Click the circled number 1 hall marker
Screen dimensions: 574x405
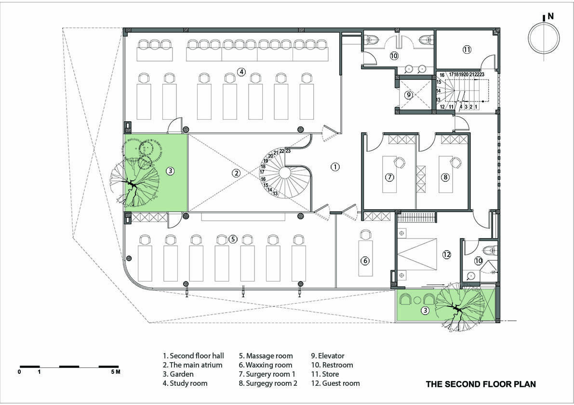tap(335, 167)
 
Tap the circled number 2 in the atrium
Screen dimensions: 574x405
tap(237, 173)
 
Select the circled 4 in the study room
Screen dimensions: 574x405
tap(241, 72)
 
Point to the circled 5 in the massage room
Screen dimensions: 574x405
tap(233, 239)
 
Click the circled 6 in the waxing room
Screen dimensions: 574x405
tap(365, 260)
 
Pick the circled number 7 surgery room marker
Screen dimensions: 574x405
tap(389, 177)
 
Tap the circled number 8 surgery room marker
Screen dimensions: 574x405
tap(445, 177)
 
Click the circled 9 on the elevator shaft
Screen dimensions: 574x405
tap(409, 95)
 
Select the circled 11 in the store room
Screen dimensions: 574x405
tap(467, 49)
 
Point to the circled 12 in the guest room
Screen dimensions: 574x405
tap(447, 254)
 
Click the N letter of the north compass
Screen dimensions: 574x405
tap(550, 16)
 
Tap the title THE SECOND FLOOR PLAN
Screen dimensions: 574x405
tap(481, 384)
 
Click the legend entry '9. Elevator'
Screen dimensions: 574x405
tap(328, 356)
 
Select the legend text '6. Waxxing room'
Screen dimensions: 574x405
tap(266, 365)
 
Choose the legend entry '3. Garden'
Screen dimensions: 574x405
tap(178, 374)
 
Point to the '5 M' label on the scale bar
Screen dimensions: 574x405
tap(115, 372)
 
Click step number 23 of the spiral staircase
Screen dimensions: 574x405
tap(288, 151)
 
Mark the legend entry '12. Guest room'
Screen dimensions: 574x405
tap(335, 383)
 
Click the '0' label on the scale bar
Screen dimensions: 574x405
tap(19, 372)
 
